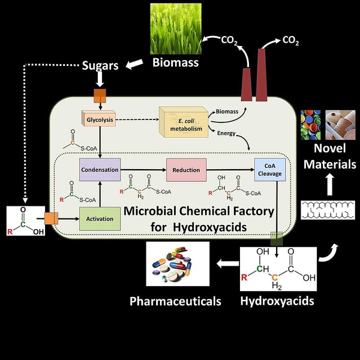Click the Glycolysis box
97,118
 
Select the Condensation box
100,170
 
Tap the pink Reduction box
186,170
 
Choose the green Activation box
100,219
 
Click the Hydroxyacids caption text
277,300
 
